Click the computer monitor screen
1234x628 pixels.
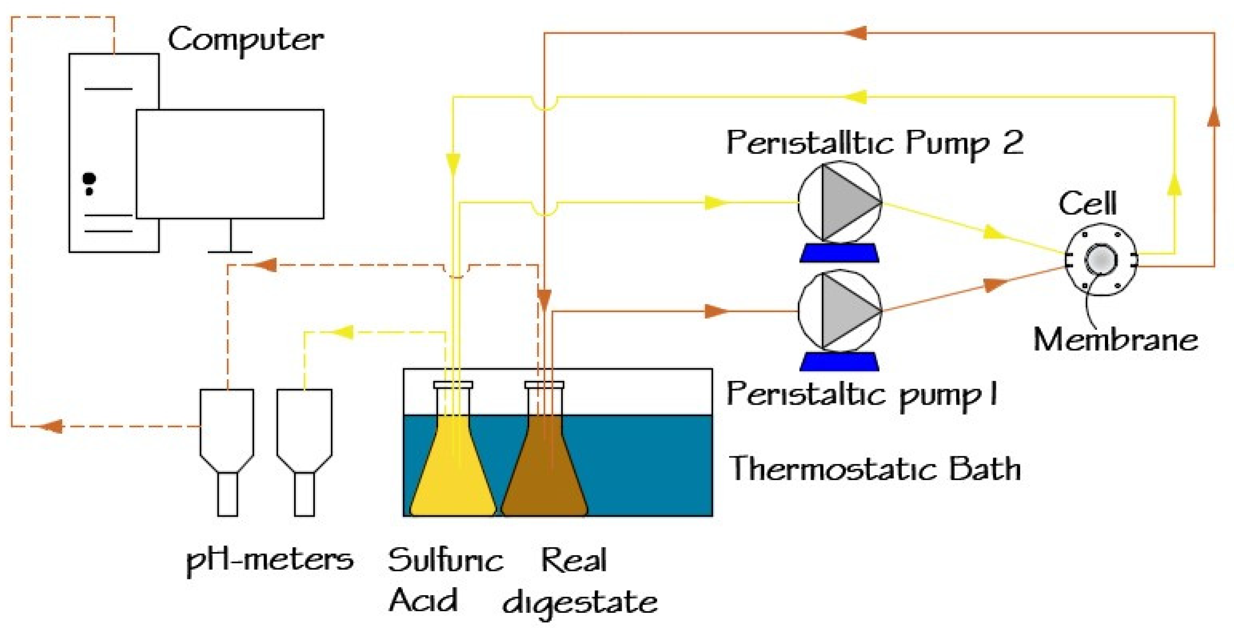click(x=230, y=164)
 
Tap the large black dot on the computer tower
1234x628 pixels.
click(x=89, y=179)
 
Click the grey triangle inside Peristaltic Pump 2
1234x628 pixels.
click(x=846, y=202)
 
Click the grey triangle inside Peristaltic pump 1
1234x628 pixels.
click(x=846, y=311)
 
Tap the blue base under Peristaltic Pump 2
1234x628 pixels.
click(x=839, y=253)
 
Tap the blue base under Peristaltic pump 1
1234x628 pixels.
click(x=839, y=362)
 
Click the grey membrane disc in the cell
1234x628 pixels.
click(x=1101, y=260)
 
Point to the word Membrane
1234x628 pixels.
click(x=1115, y=340)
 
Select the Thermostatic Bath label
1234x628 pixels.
click(x=874, y=468)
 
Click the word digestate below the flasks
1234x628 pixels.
click(x=580, y=603)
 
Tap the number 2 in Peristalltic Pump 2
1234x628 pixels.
click(x=1012, y=142)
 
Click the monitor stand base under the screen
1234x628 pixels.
click(x=230, y=251)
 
